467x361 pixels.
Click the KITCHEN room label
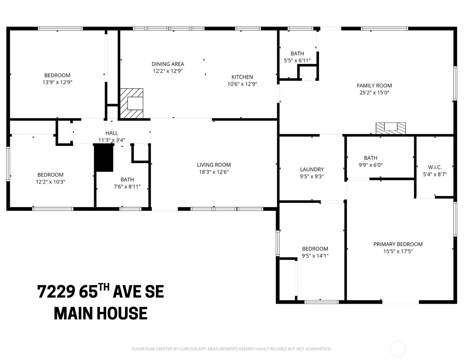click(x=242, y=77)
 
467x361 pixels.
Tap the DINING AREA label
click(x=168, y=64)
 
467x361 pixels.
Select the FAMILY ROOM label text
click(x=374, y=86)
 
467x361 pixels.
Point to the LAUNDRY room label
click(x=312, y=170)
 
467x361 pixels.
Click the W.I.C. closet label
click(x=435, y=167)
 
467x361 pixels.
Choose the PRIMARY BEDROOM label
click(x=398, y=244)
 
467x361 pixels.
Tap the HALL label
click(x=112, y=133)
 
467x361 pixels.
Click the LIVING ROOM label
click(x=214, y=165)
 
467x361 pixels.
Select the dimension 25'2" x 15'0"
click(x=374, y=93)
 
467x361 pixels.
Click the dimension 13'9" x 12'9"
click(x=57, y=82)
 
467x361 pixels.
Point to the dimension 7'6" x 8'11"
click(x=127, y=187)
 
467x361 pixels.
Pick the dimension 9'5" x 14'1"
click(x=315, y=256)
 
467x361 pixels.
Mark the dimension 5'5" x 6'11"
click(x=297, y=61)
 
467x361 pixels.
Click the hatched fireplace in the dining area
click(x=132, y=104)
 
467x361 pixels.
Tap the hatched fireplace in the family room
click(x=391, y=128)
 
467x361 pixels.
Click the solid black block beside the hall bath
click(x=104, y=158)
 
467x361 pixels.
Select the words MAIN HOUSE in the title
click(x=101, y=314)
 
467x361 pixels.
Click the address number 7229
click(x=56, y=292)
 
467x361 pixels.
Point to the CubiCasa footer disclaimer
click(x=232, y=349)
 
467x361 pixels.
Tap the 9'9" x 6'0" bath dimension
click(x=370, y=165)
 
